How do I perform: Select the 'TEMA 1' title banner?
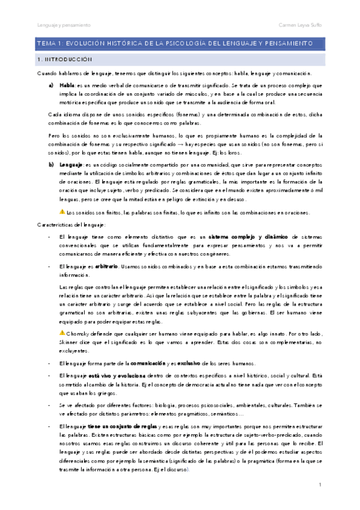(x=180, y=44)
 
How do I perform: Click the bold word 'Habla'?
(x=67, y=85)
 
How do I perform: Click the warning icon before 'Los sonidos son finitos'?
(x=62, y=212)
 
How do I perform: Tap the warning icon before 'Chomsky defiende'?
(x=62, y=332)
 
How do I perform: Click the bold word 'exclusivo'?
(x=185, y=363)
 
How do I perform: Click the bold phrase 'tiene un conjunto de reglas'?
(x=116, y=426)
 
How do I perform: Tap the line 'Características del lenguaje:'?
(x=71, y=225)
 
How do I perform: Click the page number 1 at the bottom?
(x=320, y=484)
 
